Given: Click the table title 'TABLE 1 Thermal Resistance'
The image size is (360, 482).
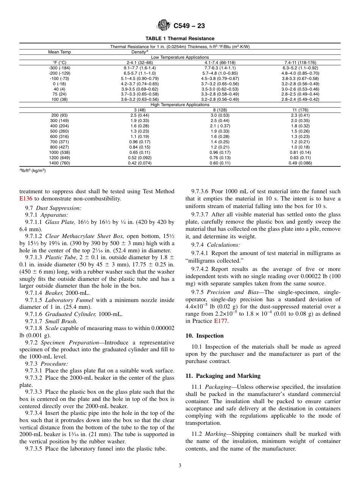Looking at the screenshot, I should coord(180,39).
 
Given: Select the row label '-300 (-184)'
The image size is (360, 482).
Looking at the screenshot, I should coord(59,68).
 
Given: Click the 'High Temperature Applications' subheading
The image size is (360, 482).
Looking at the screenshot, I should coord(180,105).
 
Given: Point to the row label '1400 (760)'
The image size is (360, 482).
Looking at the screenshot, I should coord(59,163).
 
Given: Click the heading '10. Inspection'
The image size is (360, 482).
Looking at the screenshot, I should coord(204,336).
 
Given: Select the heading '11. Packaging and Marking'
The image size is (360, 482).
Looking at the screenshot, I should coord(223,376).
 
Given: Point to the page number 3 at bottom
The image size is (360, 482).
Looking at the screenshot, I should coord(180,466).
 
